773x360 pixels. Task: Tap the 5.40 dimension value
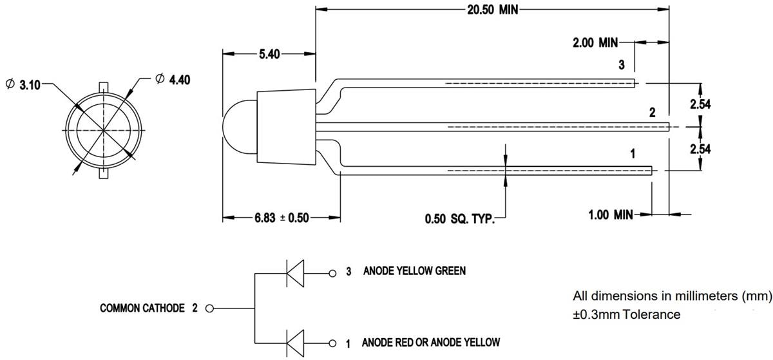pyautogui.click(x=269, y=55)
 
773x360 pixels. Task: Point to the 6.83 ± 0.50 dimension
pyautogui.click(x=282, y=218)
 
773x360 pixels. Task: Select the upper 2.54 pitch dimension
pyautogui.click(x=700, y=104)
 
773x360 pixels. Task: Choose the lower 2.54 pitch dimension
pyautogui.click(x=700, y=149)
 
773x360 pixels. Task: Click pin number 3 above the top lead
pyautogui.click(x=621, y=65)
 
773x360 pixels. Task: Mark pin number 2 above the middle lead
pyautogui.click(x=652, y=113)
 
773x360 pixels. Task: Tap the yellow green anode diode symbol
pyautogui.click(x=295, y=273)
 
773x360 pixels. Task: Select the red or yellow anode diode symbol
pyautogui.click(x=295, y=342)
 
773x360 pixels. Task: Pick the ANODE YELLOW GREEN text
pyautogui.click(x=414, y=271)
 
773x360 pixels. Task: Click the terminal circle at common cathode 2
pyautogui.click(x=209, y=308)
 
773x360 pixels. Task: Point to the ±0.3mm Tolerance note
pyautogui.click(x=626, y=315)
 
